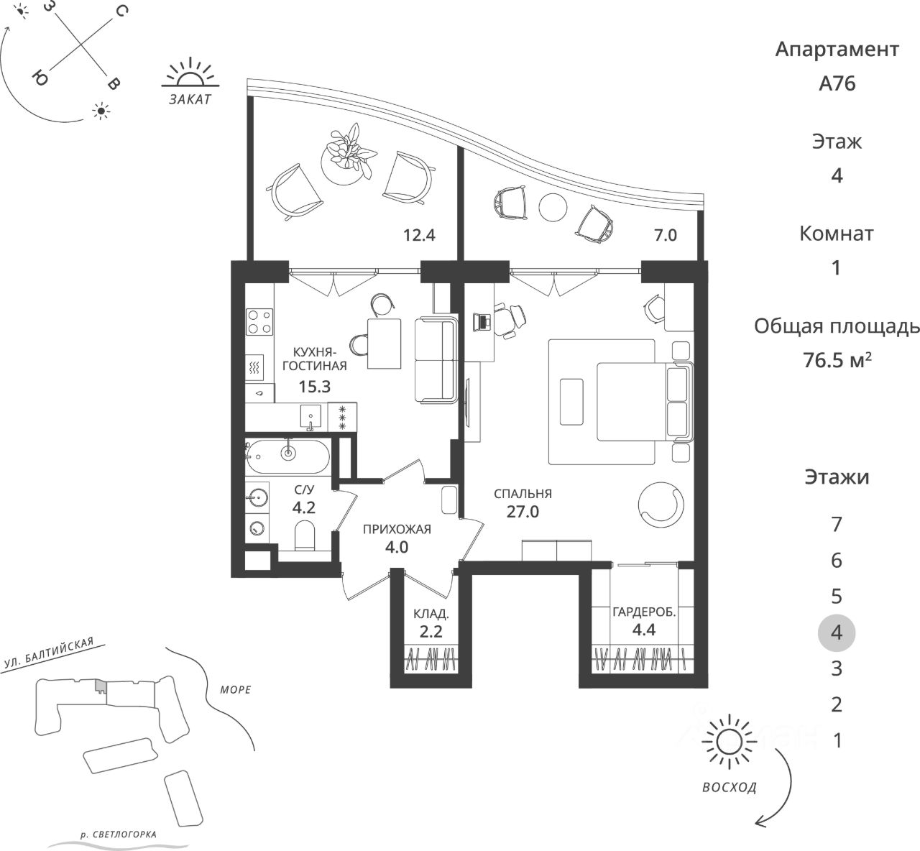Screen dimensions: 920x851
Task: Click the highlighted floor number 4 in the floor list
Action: click(836, 632)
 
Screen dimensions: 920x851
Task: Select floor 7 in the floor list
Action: click(836, 525)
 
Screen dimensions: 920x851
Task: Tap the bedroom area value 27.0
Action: click(522, 512)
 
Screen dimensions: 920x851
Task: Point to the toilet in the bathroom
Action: click(305, 535)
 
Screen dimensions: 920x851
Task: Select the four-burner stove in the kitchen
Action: click(259, 321)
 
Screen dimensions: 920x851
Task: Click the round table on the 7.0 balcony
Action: click(553, 208)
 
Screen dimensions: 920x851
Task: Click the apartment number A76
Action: click(837, 83)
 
